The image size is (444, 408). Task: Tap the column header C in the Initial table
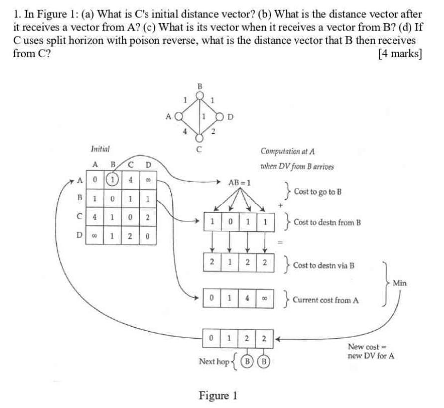click(131, 164)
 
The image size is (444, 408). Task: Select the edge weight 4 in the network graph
click(185, 132)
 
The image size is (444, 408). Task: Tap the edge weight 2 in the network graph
click(213, 132)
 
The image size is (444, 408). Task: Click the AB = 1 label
click(239, 183)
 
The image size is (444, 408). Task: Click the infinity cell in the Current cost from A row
click(265, 299)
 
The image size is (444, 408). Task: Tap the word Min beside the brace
click(399, 283)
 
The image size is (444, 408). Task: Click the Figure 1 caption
click(218, 396)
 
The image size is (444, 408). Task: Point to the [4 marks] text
click(400, 54)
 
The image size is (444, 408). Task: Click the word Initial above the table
click(100, 149)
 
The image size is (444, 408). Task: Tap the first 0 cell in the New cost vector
click(212, 338)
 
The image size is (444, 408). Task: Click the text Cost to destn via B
click(323, 265)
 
